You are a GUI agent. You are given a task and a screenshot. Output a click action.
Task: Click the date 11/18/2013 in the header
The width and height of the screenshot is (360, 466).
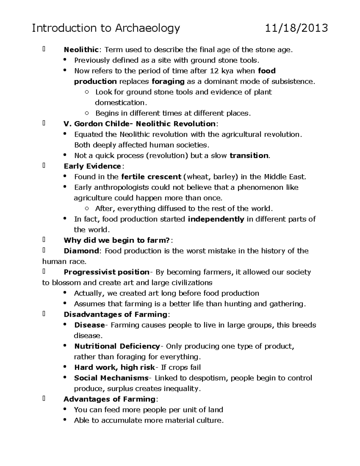tap(296, 28)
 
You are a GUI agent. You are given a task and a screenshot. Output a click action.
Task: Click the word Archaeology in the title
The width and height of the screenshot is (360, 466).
tap(147, 28)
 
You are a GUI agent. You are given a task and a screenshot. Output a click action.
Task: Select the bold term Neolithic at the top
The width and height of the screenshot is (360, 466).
tap(81, 50)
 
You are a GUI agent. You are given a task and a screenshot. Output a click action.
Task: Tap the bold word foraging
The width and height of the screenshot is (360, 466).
tap(168, 81)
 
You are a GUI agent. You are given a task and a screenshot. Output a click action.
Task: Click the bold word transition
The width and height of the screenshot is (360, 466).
tap(249, 155)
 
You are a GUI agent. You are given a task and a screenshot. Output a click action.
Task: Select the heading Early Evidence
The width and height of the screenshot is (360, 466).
tap(92, 166)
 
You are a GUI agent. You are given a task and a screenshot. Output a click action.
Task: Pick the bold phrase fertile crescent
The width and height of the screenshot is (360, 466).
tap(151, 177)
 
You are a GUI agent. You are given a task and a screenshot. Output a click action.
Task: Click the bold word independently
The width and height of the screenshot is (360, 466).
tap(216, 219)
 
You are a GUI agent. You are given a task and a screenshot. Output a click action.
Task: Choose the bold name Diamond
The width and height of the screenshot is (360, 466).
tap(81, 251)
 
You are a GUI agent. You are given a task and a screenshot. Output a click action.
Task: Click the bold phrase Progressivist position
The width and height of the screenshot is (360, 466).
tap(106, 272)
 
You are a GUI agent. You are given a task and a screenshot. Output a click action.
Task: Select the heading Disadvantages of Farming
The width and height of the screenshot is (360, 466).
tap(115, 314)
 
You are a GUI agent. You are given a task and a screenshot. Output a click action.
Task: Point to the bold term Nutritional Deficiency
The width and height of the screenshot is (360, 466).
tap(117, 346)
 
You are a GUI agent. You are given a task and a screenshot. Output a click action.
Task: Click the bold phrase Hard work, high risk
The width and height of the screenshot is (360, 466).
tap(114, 367)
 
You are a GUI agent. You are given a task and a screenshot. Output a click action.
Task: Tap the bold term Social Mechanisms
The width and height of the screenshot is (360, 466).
tap(111, 378)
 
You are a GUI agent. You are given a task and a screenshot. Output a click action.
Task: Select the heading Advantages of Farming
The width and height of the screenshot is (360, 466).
tap(109, 399)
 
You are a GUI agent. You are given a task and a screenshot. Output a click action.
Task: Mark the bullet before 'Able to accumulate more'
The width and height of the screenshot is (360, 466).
tap(65, 420)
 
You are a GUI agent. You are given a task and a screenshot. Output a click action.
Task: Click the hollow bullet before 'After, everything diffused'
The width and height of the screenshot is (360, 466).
tap(87, 209)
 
